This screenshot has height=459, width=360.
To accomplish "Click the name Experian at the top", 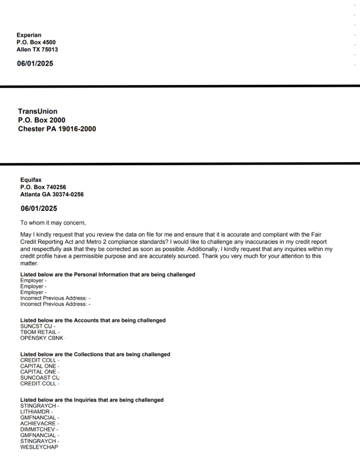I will coord(29,35).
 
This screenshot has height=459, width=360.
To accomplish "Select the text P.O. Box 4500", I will coord(36,42).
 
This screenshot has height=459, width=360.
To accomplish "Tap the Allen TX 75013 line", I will coord(37,50).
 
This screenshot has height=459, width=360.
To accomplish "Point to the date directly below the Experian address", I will coord(35,64).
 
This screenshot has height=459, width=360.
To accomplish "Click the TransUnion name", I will coord(37,111).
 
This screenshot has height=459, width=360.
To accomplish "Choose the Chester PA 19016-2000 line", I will coord(57,129).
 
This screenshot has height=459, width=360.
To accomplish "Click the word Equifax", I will coord(31,180).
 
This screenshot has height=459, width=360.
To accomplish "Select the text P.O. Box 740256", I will coord(43,187).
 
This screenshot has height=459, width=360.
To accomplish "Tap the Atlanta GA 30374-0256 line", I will coord(52,194).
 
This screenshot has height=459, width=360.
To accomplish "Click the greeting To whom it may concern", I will coord(53,223).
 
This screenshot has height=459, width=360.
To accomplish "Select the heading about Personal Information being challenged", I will coord(108,274).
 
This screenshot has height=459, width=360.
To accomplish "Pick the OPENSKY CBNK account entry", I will coord(42,338).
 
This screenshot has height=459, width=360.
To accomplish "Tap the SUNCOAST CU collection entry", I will coord(40,378).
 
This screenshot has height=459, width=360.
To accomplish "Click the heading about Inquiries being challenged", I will coord(92,400).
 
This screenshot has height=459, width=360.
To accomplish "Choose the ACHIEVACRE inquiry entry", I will coord(38,423).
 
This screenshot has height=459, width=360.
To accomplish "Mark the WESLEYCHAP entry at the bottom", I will coord(39,447).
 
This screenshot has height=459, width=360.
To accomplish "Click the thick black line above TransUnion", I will coord(180,86).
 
